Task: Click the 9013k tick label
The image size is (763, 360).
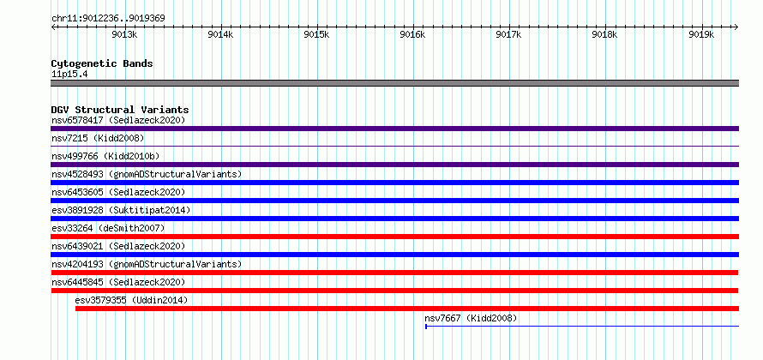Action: tap(124, 34)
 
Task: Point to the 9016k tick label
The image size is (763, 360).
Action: tap(412, 34)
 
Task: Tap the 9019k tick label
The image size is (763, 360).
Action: tap(701, 34)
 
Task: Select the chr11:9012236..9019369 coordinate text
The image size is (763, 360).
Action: tap(108, 19)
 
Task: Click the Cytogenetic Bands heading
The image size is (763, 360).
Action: tap(102, 63)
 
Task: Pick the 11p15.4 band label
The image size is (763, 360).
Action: tap(69, 75)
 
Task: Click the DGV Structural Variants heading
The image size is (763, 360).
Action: tap(120, 110)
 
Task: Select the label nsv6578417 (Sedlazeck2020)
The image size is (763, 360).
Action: tap(118, 120)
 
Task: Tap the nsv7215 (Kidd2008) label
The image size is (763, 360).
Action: tap(98, 138)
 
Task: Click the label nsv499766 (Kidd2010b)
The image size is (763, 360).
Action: tap(105, 156)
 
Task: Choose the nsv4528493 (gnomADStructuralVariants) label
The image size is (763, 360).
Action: tap(147, 174)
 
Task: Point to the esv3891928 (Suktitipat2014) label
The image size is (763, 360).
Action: tap(121, 210)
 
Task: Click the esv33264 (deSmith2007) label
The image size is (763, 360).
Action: tap(108, 228)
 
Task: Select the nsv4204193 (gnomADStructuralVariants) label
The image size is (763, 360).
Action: tap(147, 264)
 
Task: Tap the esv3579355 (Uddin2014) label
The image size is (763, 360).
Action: tap(131, 300)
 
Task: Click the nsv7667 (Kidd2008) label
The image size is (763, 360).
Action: tap(471, 318)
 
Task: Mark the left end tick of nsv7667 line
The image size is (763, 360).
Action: tap(426, 327)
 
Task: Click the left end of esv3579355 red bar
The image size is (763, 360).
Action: tap(76, 309)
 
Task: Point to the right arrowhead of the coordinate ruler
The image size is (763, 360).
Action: tap(736, 27)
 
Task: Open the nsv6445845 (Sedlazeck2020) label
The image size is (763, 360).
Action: tap(118, 282)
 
